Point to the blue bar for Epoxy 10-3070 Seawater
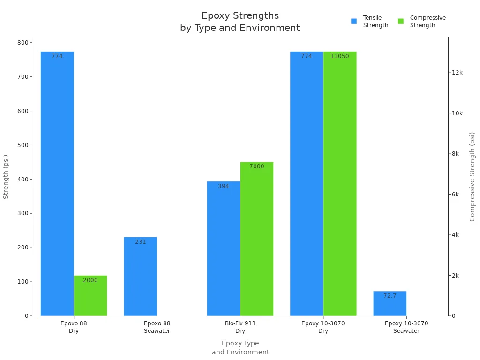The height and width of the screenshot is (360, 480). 390,305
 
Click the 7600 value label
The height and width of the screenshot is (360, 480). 256,166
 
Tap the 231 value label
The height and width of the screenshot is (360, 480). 140,242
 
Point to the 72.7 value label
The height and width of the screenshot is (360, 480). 390,296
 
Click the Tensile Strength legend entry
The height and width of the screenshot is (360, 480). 370,22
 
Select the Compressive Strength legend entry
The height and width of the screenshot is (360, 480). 422,22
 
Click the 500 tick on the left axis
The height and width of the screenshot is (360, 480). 22,145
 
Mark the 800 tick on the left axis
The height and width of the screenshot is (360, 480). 22,43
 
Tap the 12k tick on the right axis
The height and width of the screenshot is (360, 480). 457,73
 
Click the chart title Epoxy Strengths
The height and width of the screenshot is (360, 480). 240,16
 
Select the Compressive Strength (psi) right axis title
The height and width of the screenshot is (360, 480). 472,176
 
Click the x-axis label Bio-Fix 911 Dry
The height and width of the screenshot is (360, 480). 240,327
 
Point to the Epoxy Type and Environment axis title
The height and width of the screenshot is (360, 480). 240,347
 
